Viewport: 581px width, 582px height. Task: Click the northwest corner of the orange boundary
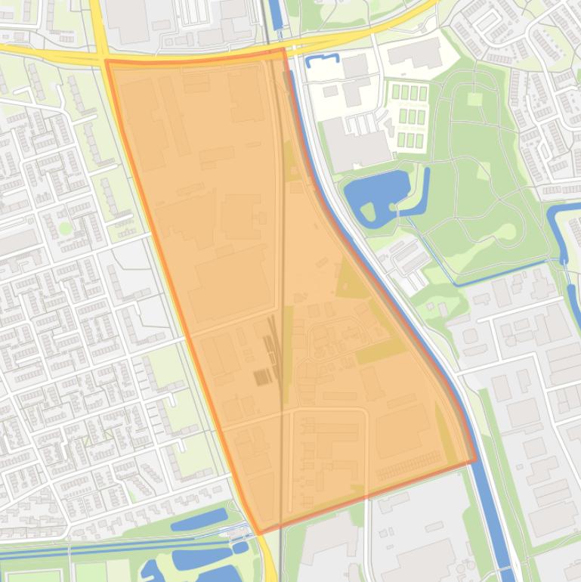107,61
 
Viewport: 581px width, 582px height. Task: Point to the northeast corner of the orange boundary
284,50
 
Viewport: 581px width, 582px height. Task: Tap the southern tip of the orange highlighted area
259,533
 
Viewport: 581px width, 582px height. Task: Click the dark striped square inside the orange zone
262,376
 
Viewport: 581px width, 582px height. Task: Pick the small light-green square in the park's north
474,99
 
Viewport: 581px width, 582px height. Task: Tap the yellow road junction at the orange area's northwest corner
101,57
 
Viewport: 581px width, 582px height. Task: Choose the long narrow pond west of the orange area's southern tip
198,519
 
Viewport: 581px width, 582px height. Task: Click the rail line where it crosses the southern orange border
281,526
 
